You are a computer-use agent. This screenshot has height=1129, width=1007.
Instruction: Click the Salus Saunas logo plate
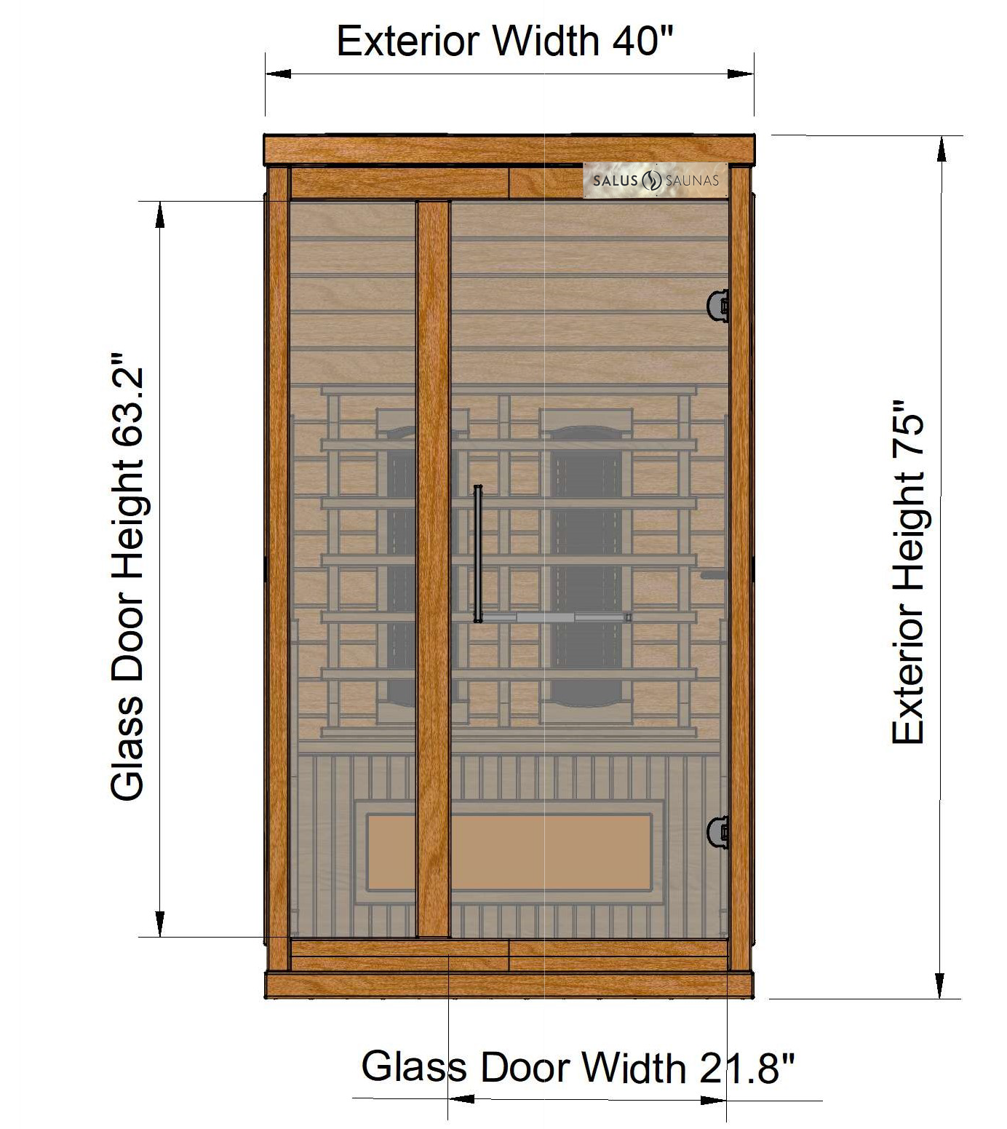(656, 180)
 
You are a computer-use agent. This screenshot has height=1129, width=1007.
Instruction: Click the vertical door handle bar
(477, 554)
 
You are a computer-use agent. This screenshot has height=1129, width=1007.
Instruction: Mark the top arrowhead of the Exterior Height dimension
(941, 149)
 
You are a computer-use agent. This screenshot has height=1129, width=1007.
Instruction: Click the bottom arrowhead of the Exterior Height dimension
(941, 985)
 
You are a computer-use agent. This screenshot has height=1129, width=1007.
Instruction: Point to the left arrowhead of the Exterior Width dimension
(279, 74)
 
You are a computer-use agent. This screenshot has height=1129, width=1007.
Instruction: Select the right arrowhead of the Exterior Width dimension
(740, 74)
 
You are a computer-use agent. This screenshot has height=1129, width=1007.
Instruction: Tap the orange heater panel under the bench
(509, 852)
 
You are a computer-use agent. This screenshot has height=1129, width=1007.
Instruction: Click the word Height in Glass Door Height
(127, 531)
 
